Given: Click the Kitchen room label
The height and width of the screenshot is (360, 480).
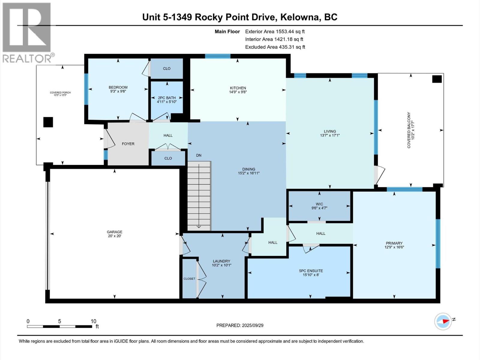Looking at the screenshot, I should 238,88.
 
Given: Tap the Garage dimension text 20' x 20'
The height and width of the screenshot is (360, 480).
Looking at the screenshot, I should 115,236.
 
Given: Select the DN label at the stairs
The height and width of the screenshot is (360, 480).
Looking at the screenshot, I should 199,155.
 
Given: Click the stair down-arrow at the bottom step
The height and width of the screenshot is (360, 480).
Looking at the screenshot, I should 199,226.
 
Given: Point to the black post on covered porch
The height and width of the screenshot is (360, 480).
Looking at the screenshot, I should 48,122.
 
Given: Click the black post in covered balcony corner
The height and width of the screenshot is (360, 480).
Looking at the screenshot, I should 437,79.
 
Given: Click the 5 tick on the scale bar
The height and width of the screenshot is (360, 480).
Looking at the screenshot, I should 59,321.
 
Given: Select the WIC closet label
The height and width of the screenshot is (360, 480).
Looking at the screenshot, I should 319,204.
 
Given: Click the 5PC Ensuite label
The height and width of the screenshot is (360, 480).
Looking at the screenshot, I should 311,271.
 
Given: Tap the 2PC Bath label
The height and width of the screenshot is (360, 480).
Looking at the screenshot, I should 167,98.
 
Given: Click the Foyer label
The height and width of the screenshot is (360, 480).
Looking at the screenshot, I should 128,144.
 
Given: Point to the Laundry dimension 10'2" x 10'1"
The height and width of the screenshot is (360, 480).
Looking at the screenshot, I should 221,265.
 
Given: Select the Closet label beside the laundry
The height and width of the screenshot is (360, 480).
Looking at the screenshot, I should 189,279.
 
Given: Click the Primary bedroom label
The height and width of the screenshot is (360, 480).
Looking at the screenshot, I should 394,243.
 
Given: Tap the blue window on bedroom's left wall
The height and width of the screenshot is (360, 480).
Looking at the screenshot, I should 86,89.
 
